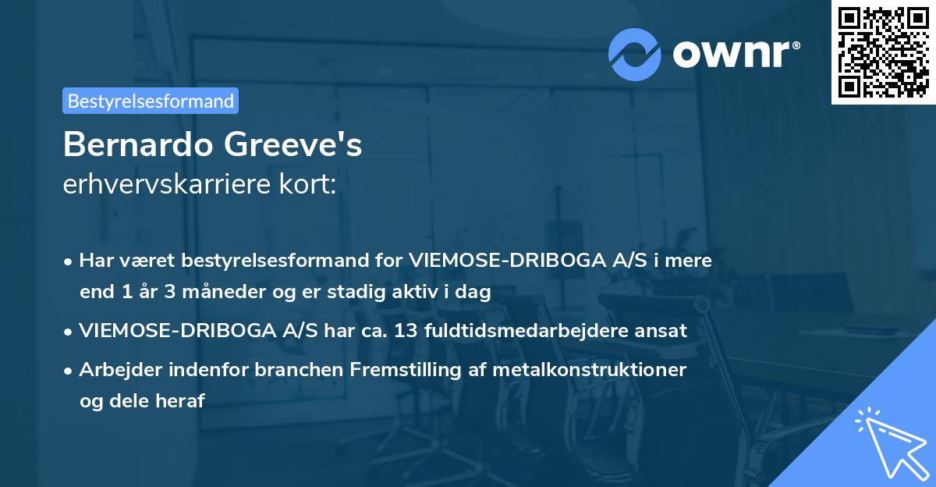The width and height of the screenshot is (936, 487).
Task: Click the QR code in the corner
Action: point(883,52)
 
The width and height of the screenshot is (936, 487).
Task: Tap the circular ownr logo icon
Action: point(635,53)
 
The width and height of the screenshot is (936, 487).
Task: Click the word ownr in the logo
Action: point(736,53)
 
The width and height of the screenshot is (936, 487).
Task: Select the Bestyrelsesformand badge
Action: point(151,101)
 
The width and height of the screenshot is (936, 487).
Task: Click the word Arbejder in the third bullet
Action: point(114,369)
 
